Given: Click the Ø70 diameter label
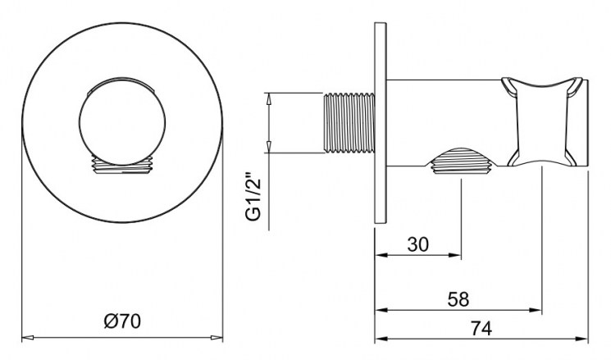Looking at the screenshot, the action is click(123, 321).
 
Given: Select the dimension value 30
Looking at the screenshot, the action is click(417, 244).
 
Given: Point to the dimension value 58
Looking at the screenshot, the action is click(458, 299).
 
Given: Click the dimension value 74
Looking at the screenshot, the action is click(481, 328).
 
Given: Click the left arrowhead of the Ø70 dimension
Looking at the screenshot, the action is click(28, 337).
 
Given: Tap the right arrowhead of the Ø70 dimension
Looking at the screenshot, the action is click(217, 337).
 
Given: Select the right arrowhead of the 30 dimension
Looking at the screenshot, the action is click(454, 255).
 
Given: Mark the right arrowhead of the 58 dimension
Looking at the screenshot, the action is click(536, 310).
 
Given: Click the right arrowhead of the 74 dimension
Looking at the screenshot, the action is click(581, 339).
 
